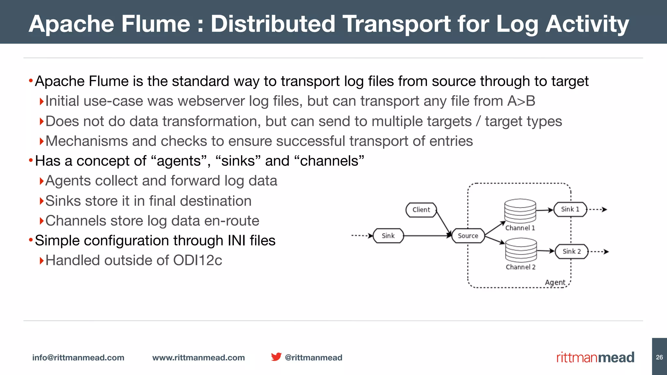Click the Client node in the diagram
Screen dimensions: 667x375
[x=421, y=210]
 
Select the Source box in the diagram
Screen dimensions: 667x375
[x=468, y=236]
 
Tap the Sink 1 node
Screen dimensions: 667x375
[x=570, y=209]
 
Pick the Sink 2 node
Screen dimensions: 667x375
[x=572, y=251]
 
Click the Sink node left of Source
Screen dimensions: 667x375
[x=388, y=236]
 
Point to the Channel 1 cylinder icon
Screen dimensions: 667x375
[x=520, y=211]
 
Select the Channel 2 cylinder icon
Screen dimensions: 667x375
[x=521, y=250]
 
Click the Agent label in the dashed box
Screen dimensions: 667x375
[x=555, y=282]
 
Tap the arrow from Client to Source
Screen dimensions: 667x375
[x=443, y=223]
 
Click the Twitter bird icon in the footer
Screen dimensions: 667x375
[x=276, y=357]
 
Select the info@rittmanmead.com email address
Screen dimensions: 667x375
[x=78, y=357]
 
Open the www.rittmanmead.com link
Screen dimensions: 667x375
[x=198, y=357]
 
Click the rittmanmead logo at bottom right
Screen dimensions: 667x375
[x=595, y=357]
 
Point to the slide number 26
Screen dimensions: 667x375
[x=660, y=357]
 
